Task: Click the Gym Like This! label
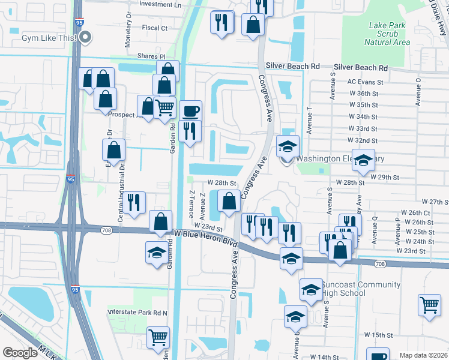point(49,38)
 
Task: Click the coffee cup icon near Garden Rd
point(190,111)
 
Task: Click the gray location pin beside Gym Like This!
point(86,37)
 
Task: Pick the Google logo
point(20,353)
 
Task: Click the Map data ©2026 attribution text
point(423,355)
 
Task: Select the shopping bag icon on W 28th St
point(229,200)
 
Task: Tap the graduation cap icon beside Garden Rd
point(156,251)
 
